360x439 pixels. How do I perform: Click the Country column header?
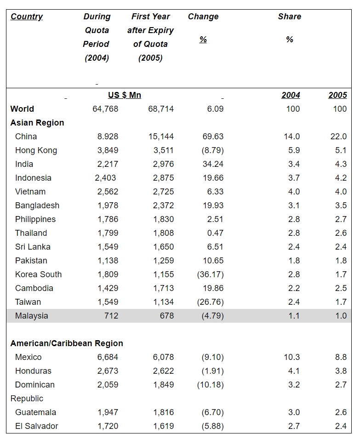[x=27, y=17]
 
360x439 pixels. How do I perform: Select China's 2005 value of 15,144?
[x=161, y=137]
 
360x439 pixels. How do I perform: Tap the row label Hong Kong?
[x=36, y=150]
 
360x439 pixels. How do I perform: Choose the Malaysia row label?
[x=31, y=316]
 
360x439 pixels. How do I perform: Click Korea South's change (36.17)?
[x=210, y=274]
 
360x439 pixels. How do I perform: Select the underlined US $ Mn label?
[x=125, y=95]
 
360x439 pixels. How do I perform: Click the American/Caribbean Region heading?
[x=67, y=343]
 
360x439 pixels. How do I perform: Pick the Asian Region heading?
[x=37, y=123]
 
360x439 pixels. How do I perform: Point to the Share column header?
[x=289, y=17]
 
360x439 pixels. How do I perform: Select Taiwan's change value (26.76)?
[x=210, y=302]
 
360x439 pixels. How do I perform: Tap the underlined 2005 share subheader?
[x=337, y=95]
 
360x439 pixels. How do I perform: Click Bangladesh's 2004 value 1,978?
[x=108, y=205]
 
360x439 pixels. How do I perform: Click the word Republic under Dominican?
[x=27, y=399]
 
